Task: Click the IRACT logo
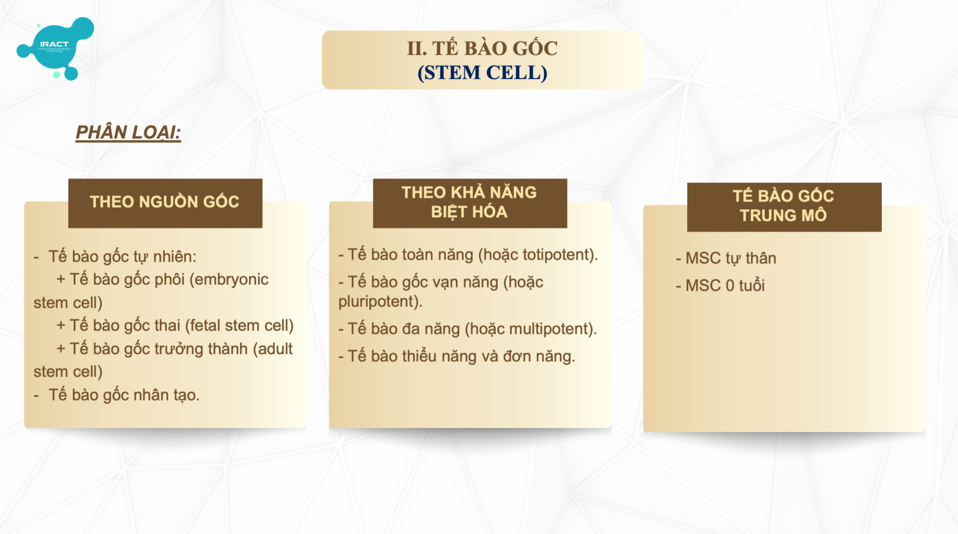[x=55, y=48]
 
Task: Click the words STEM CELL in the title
[x=482, y=73]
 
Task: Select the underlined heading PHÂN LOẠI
[x=128, y=133]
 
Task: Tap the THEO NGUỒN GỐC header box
[x=165, y=203]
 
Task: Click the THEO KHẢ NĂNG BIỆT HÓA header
[x=470, y=203]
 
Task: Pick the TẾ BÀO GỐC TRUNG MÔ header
[x=784, y=207]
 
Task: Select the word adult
[x=275, y=349]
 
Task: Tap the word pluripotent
[x=378, y=302]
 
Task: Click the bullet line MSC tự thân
[x=726, y=258]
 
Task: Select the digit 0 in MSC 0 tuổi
[x=730, y=286]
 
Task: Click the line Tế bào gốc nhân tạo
[x=117, y=395]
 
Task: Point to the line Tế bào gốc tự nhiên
[x=115, y=257]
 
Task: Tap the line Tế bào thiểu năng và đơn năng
[x=457, y=357]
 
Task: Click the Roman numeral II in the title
[x=417, y=49]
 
